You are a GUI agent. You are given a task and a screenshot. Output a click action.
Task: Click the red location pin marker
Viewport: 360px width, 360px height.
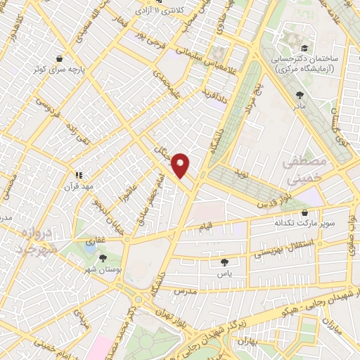[x=182, y=165]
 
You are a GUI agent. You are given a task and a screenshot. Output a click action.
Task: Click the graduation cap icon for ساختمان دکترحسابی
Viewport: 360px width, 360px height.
[x=304, y=48]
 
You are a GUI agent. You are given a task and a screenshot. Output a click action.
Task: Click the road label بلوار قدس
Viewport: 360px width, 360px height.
[x=254, y=203]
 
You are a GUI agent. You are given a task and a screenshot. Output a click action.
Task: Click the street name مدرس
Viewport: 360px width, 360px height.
[x=184, y=290]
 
